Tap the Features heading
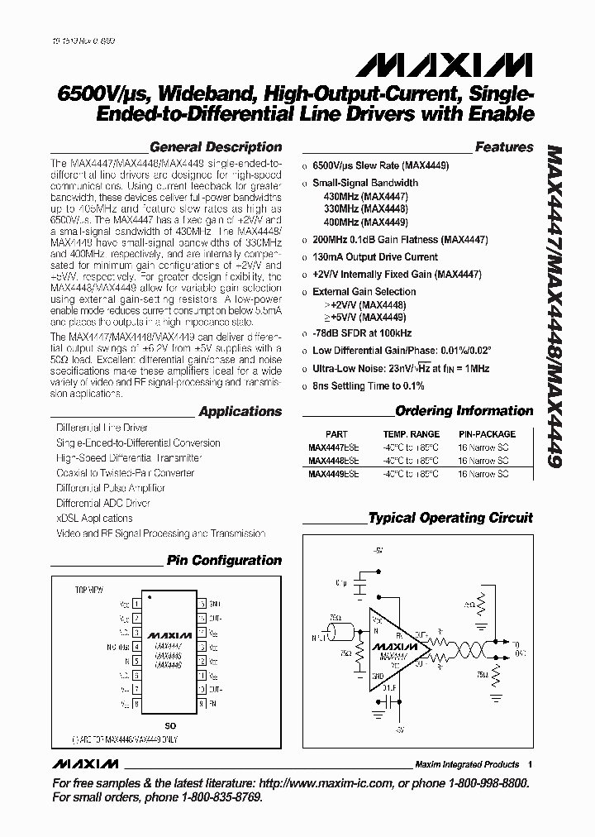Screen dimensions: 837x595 click(x=504, y=147)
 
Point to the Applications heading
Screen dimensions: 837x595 click(x=240, y=412)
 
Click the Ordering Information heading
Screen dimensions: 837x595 click(x=464, y=411)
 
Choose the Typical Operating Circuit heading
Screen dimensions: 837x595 click(x=450, y=519)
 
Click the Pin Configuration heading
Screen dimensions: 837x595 click(x=224, y=561)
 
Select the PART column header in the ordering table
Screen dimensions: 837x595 click(x=336, y=434)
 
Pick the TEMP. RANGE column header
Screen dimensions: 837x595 click(x=411, y=434)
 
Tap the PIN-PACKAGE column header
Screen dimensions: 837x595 click(x=487, y=434)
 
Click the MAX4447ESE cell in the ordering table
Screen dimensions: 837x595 click(x=334, y=447)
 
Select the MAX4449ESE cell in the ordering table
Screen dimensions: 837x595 click(x=334, y=474)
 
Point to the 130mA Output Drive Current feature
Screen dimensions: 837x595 click(x=375, y=257)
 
